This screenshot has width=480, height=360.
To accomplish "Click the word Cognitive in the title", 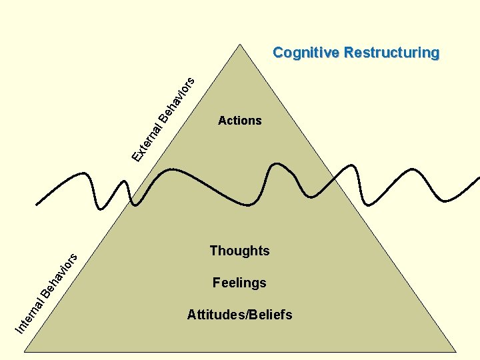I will [x=306, y=53].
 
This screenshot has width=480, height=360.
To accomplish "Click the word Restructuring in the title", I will [x=391, y=53].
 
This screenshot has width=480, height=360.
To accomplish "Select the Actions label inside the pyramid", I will [x=239, y=121].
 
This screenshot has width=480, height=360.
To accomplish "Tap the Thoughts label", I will [x=239, y=251].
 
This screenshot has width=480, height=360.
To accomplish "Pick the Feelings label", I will [x=239, y=283].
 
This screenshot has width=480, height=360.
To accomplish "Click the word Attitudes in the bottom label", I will [x=215, y=315].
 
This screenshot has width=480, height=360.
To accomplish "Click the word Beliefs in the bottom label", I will [x=270, y=315].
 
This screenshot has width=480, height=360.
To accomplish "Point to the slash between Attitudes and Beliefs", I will [x=245, y=315].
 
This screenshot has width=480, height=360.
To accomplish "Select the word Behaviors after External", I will [x=179, y=97].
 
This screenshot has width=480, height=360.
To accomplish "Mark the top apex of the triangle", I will [x=239, y=44].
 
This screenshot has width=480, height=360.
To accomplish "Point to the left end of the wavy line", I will [x=37, y=203].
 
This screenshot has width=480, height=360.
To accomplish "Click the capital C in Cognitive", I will [x=278, y=53].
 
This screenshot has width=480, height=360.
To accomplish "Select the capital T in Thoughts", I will [x=213, y=251].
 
